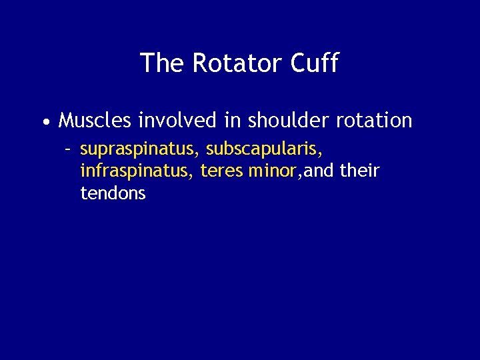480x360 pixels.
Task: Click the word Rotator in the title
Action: tap(239, 63)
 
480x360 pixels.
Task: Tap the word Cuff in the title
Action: tap(315, 63)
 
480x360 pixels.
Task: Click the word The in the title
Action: tap(163, 63)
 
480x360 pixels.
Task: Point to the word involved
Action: tap(177, 121)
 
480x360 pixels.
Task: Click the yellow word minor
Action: tap(272, 172)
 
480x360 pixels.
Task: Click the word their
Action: tap(359, 172)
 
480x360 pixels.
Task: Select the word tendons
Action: tap(113, 194)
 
